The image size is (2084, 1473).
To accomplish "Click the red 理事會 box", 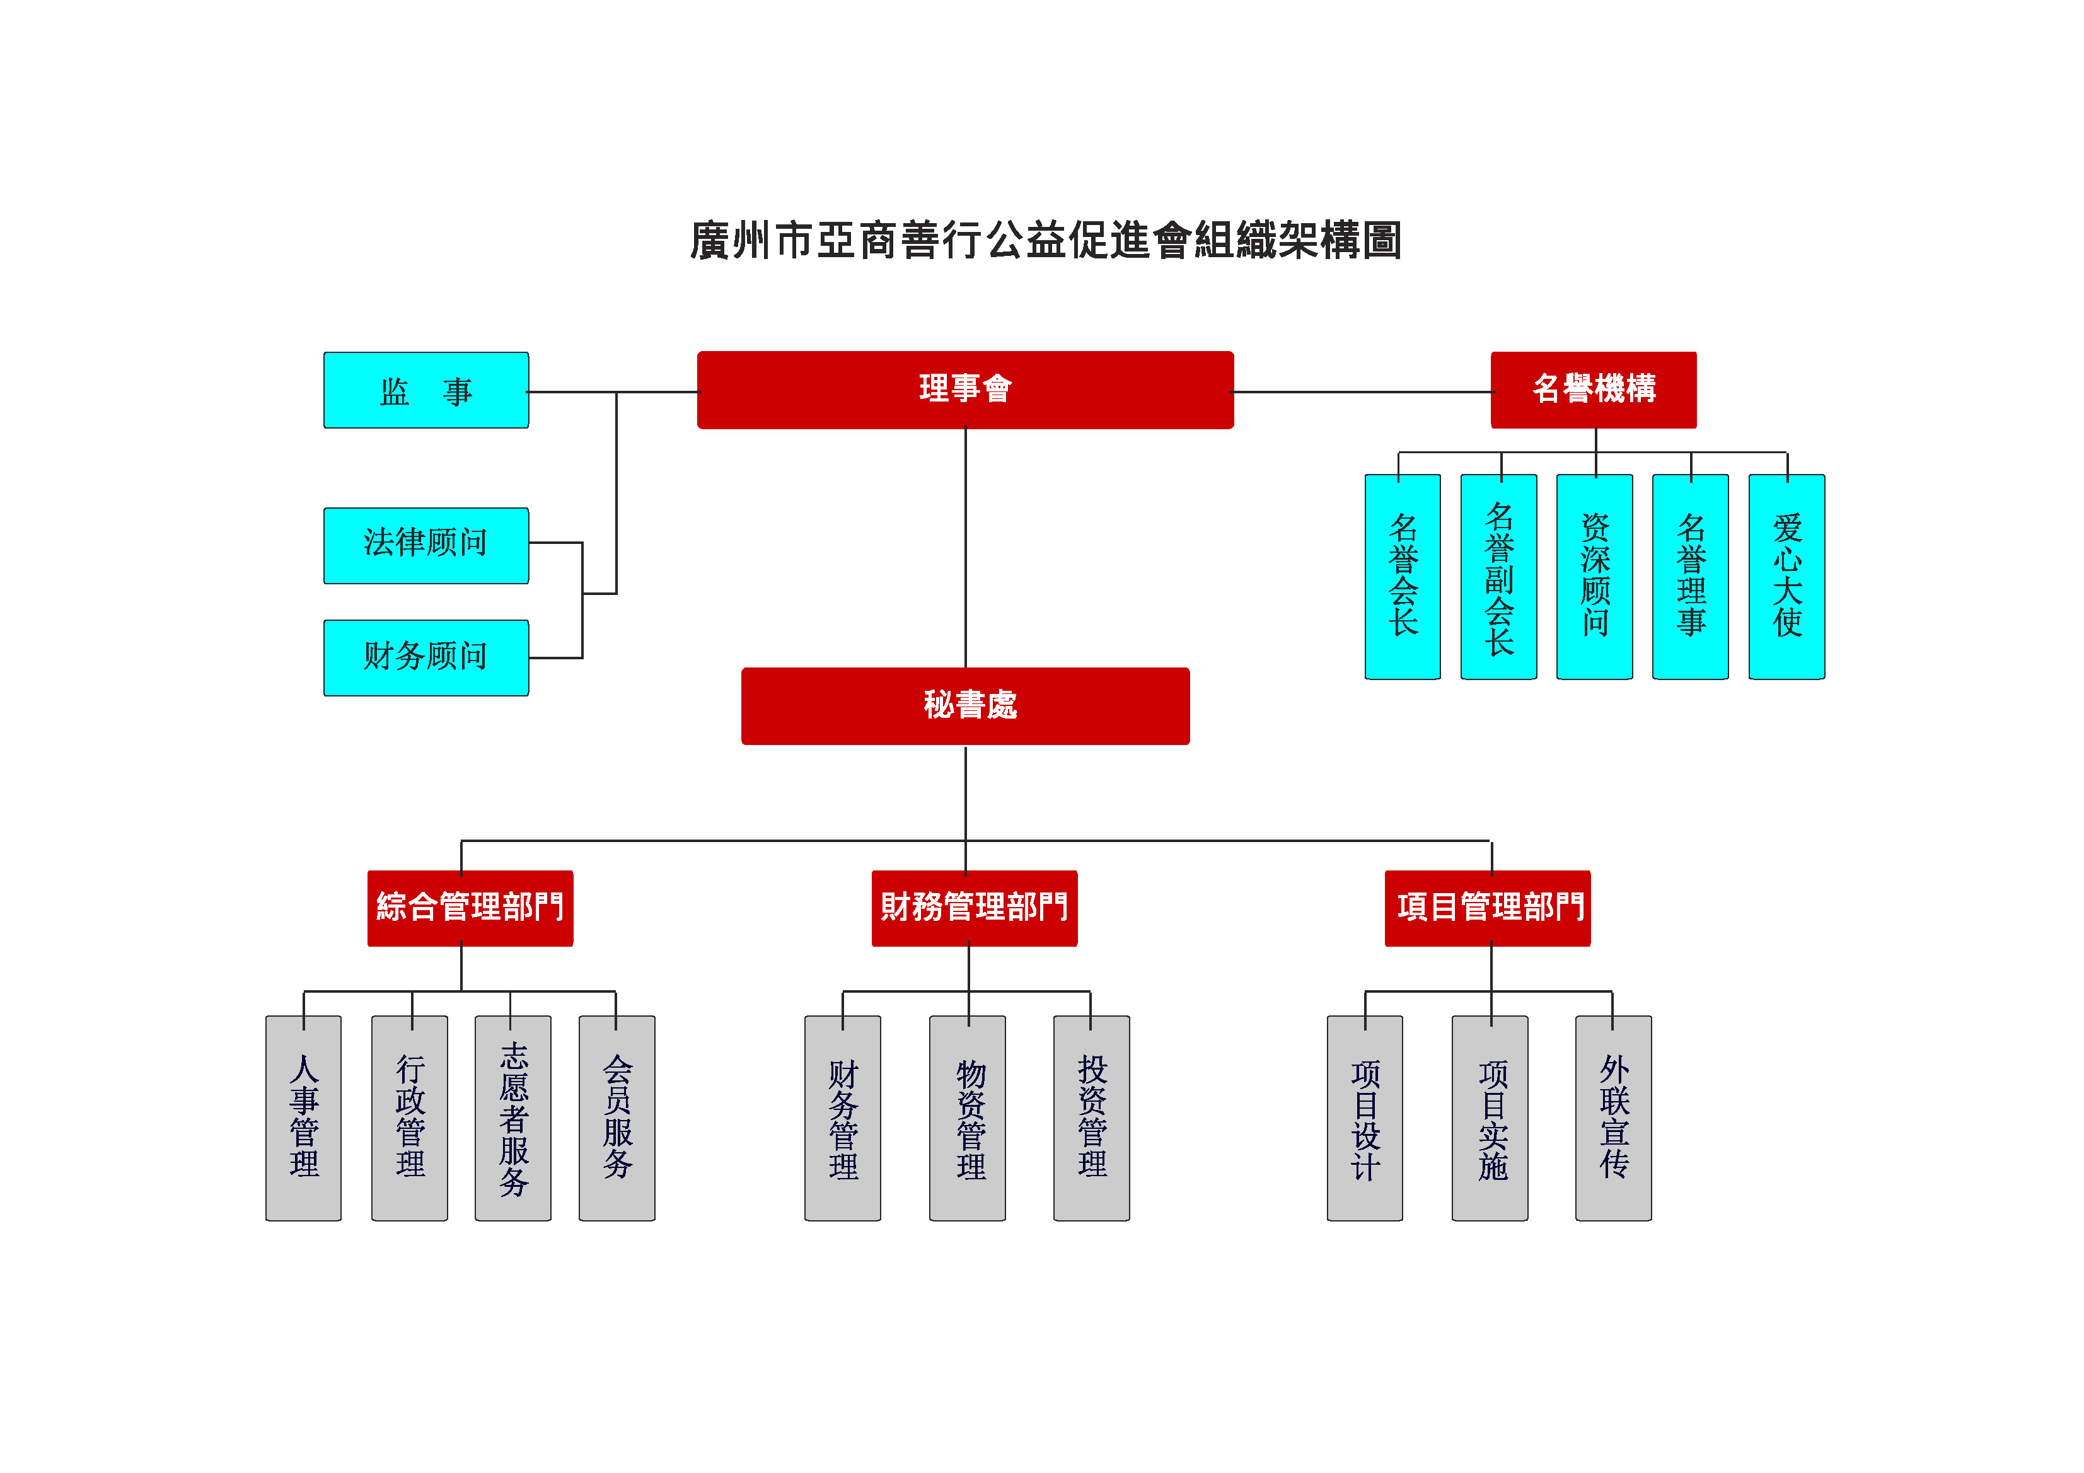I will [x=965, y=390].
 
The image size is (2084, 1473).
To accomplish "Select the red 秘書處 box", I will [x=965, y=706].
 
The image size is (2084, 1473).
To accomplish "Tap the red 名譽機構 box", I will [x=1593, y=390].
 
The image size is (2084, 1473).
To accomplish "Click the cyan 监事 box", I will [x=425, y=390].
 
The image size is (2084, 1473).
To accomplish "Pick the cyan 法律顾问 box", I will [x=425, y=545].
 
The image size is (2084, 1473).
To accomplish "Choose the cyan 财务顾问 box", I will [x=425, y=657].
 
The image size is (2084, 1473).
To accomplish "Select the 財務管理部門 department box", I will [x=974, y=908].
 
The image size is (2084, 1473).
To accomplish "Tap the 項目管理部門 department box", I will [x=1487, y=908].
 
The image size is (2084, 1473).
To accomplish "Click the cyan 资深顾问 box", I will [x=1594, y=576].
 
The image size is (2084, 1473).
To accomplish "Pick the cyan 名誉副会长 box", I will [x=1498, y=576].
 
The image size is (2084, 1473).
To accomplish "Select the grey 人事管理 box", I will [x=303, y=1118].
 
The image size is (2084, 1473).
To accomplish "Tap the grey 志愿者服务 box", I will [x=513, y=1118].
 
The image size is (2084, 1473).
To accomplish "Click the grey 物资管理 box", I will [x=968, y=1118].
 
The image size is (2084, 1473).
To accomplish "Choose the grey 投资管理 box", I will [x=1091, y=1118].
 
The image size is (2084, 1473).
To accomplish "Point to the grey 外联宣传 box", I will [x=1613, y=1118].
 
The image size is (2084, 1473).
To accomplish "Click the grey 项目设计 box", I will [x=1364, y=1118].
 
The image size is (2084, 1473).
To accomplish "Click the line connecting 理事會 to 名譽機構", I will [x=1362, y=392].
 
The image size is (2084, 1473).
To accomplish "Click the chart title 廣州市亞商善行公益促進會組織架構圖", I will [x=1046, y=241].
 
